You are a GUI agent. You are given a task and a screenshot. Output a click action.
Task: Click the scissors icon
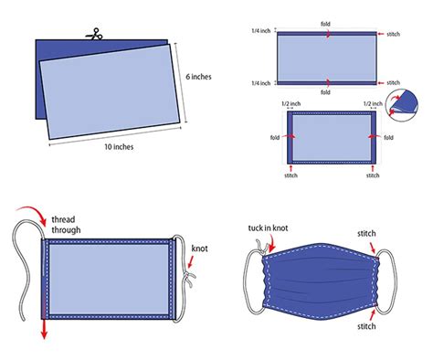pos(92,35)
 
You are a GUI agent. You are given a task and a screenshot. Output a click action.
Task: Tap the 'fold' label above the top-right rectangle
pos(326,22)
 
